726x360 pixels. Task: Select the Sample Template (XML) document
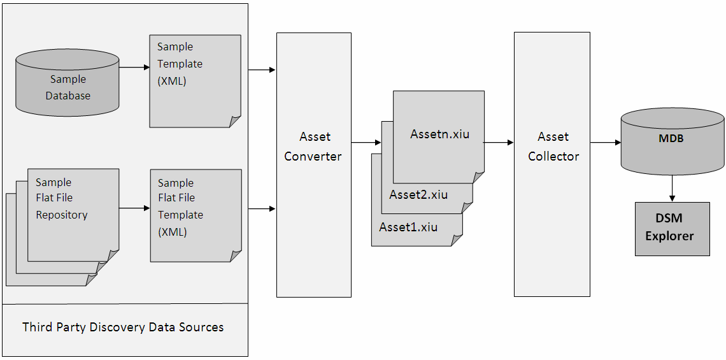point(195,80)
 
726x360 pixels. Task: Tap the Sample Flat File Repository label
point(62,198)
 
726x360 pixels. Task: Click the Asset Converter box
point(313,164)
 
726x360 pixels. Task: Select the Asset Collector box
point(552,164)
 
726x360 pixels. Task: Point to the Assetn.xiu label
point(439,134)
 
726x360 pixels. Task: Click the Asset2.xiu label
point(418,195)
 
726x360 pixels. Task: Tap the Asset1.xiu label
point(408,227)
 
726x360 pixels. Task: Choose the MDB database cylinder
point(672,141)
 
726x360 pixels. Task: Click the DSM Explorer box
point(672,229)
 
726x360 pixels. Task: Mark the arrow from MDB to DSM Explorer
point(672,189)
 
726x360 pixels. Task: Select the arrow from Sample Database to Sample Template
point(134,67)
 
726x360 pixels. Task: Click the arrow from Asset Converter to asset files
point(361,143)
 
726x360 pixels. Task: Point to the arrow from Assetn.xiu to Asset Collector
point(499,143)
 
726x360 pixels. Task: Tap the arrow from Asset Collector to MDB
point(605,143)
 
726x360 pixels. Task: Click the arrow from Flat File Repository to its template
point(134,208)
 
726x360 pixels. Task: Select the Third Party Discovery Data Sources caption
point(123,328)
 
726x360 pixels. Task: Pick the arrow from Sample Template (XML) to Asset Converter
point(262,69)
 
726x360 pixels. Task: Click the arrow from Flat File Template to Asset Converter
point(262,208)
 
